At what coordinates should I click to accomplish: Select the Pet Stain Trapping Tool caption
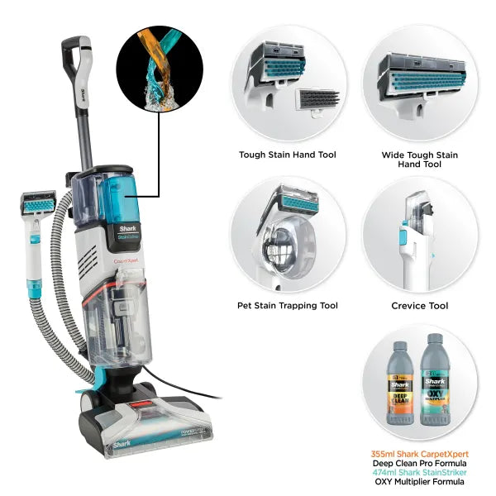tap(287, 306)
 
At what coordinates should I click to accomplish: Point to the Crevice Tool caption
tap(419, 306)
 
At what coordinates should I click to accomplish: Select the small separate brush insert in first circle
tap(315, 105)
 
